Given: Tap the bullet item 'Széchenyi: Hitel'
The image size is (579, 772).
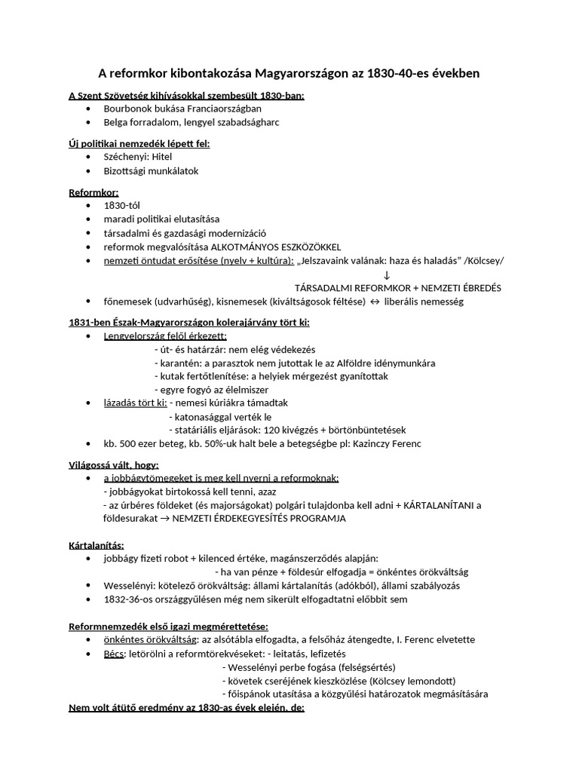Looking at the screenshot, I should (x=138, y=157).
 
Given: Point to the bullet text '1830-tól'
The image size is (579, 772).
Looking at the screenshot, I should (x=122, y=206).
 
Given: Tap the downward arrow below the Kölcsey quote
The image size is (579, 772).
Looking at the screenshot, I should (x=387, y=274).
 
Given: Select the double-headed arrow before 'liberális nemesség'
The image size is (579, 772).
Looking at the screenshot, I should (x=372, y=302).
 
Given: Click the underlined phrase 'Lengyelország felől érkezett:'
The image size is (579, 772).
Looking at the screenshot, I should (x=165, y=336).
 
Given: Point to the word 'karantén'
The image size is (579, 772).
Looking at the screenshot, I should (x=178, y=363).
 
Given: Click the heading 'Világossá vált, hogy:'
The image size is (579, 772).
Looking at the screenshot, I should (x=114, y=464).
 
